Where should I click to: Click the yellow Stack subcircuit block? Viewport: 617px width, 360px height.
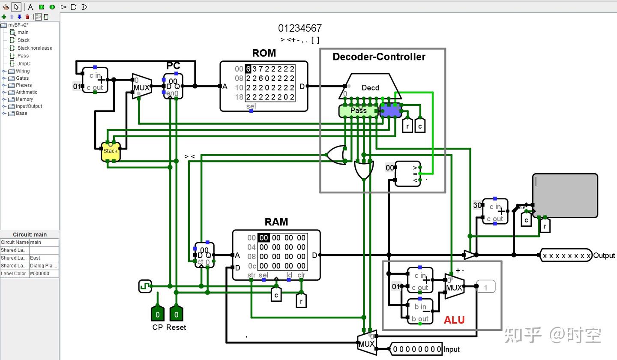[x=111, y=151]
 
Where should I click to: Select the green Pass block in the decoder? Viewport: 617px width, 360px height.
[x=358, y=111]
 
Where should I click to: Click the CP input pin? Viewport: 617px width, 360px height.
[x=157, y=314]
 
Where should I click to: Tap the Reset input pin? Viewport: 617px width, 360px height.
[x=176, y=314]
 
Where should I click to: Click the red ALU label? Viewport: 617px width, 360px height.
[x=454, y=320]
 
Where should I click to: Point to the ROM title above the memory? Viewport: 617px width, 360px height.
[x=264, y=53]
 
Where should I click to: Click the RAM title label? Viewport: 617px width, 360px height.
[x=276, y=222]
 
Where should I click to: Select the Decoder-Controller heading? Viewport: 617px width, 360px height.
[x=379, y=57]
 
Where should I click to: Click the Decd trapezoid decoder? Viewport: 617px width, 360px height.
[x=370, y=87]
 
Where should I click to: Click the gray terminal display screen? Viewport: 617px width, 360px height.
[x=565, y=195]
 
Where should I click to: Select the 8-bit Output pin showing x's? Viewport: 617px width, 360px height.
[x=566, y=256]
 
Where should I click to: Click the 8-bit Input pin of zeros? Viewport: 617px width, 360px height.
[x=417, y=349]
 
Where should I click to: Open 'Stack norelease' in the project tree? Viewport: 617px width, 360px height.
[x=35, y=48]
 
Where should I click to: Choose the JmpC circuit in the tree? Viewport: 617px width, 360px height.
[x=24, y=63]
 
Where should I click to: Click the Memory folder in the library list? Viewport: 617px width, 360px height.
[x=24, y=99]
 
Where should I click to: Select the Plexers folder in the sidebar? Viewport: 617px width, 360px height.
[x=24, y=85]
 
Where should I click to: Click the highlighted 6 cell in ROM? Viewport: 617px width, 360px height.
[x=248, y=69]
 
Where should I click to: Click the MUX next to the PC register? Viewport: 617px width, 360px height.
[x=141, y=87]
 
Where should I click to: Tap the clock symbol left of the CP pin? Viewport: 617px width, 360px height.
[x=145, y=286]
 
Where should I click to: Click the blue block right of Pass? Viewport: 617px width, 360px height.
[x=390, y=111]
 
